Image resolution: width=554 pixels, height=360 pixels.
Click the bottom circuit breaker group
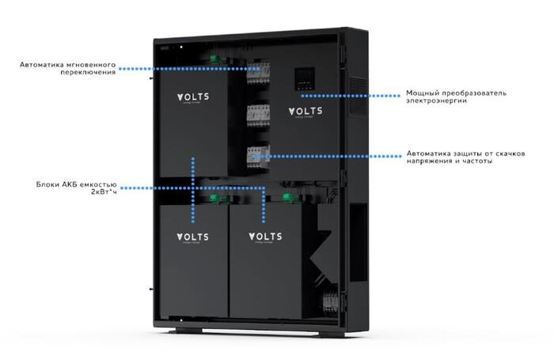click(x=258, y=155)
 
